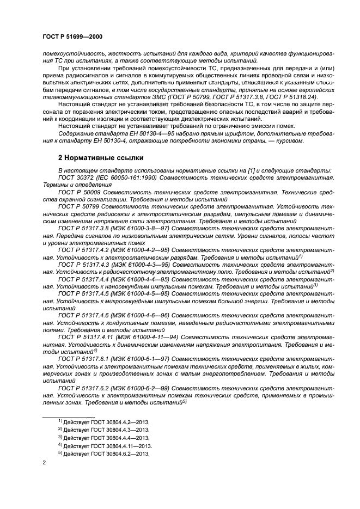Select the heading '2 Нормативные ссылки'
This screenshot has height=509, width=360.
pyautogui.click(x=101, y=158)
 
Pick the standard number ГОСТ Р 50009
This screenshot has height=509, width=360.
pyautogui.click(x=81, y=193)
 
